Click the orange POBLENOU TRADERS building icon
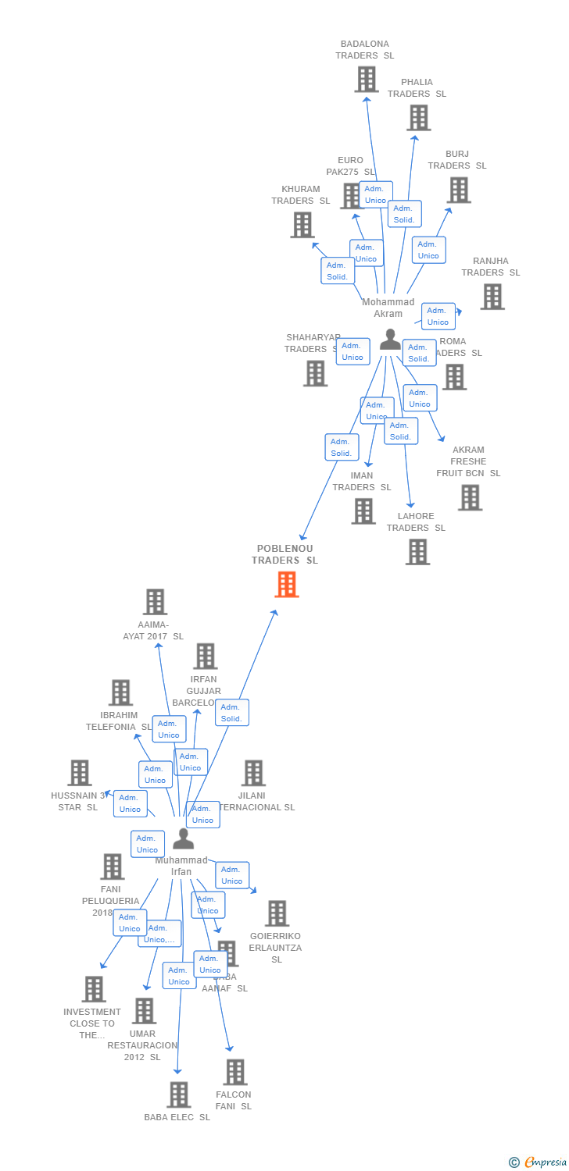click(x=287, y=584)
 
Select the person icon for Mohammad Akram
click(x=390, y=340)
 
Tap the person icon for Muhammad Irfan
click(x=183, y=838)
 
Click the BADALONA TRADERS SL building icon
click(x=366, y=79)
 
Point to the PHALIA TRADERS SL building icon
click(x=418, y=117)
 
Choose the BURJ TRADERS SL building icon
click(x=458, y=190)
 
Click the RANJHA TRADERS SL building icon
click(x=492, y=297)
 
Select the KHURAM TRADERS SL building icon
click(x=302, y=225)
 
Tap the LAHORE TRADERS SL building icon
click(x=417, y=552)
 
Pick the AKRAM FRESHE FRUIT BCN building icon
click(x=469, y=497)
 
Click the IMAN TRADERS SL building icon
click(x=363, y=511)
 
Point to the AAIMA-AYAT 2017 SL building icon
click(x=155, y=602)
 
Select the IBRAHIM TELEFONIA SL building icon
click(x=120, y=692)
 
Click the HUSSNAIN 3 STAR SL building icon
click(x=79, y=773)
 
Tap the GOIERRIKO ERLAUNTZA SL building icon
click(x=277, y=913)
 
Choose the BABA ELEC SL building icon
click(x=178, y=1094)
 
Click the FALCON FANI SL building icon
click(x=234, y=1072)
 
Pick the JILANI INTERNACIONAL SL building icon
click(x=253, y=773)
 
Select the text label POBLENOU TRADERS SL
click(x=284, y=554)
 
